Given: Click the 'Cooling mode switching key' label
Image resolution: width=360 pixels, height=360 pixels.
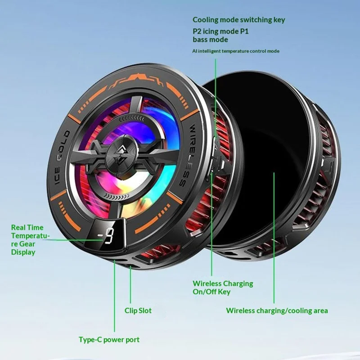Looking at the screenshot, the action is pyautogui.click(x=239, y=20).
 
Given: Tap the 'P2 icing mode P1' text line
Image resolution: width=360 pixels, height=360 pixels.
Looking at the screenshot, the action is pyautogui.click(x=220, y=31).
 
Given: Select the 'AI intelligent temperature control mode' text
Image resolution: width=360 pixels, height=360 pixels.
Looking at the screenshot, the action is pyautogui.click(x=236, y=51).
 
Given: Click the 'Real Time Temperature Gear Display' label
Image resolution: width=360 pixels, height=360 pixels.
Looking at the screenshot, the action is pyautogui.click(x=30, y=240).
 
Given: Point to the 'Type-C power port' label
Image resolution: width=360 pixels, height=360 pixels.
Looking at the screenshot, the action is pyautogui.click(x=109, y=340).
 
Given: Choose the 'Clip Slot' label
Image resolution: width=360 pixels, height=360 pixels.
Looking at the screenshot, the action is pyautogui.click(x=138, y=310).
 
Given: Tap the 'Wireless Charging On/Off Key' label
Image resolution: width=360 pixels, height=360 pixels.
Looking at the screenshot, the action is pyautogui.click(x=223, y=288).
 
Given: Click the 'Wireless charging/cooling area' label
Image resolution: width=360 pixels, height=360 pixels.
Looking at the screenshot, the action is pyautogui.click(x=277, y=310).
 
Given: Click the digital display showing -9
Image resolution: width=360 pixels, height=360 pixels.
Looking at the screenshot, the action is pyautogui.click(x=105, y=235).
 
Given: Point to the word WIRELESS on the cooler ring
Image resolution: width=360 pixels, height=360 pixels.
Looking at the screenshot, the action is pyautogui.click(x=188, y=155).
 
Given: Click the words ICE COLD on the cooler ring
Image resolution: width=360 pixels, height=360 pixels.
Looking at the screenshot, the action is pyautogui.click(x=60, y=157).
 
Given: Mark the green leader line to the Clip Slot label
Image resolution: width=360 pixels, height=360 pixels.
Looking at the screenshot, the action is pyautogui.click(x=130, y=284).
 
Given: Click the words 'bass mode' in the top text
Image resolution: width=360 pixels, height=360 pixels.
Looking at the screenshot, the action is pyautogui.click(x=210, y=40).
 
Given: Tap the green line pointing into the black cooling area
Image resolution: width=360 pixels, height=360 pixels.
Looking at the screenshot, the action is pyautogui.click(x=274, y=238).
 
